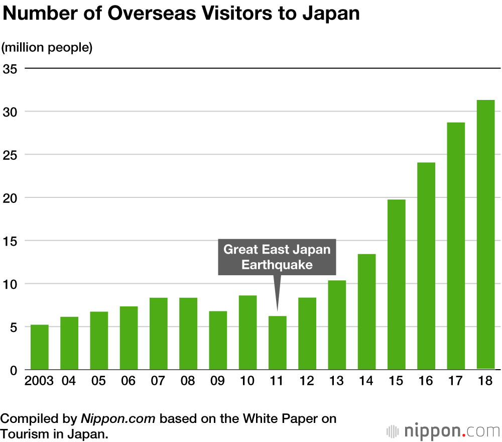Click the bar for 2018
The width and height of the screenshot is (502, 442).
tap(485, 235)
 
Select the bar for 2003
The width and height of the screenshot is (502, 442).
tap(40, 347)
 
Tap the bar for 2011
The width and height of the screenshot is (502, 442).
tap(277, 343)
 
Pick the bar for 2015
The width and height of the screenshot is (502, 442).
tap(396, 284)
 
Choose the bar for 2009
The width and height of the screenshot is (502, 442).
tap(218, 340)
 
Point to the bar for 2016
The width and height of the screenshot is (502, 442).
tap(426, 266)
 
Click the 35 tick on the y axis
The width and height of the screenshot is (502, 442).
tap(11, 68)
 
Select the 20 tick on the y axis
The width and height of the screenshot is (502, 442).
tap(11, 198)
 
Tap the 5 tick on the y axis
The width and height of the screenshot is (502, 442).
tap(14, 327)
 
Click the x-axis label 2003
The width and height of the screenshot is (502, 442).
tap(39, 381)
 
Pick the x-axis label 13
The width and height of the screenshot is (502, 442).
tap(336, 381)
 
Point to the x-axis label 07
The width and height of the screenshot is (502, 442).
tap(158, 381)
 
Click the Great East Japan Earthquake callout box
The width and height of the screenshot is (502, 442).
tap(277, 257)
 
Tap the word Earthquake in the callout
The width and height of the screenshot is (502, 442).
tap(277, 265)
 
